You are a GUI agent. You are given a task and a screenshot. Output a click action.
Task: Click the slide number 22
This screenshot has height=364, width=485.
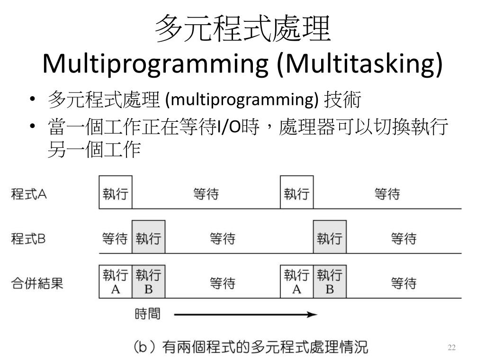click(x=451, y=348)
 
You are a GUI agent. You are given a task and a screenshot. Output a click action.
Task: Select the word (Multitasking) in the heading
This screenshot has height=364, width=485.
click(x=361, y=64)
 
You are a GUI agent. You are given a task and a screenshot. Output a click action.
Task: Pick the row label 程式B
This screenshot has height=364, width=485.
click(x=29, y=238)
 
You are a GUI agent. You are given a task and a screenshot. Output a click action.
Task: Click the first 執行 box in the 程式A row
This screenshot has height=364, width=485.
click(x=115, y=192)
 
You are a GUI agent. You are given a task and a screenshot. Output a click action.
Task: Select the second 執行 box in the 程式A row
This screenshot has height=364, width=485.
click(x=296, y=192)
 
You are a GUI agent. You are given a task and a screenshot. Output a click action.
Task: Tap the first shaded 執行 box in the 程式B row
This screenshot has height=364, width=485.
click(x=148, y=237)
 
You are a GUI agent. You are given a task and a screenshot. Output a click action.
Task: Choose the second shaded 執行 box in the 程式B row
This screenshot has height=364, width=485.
click(x=329, y=237)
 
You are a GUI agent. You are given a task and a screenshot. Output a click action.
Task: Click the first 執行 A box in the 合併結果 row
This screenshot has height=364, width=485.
click(x=115, y=282)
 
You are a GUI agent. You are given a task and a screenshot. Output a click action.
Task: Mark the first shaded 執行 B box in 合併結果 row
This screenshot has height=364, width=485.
click(x=148, y=282)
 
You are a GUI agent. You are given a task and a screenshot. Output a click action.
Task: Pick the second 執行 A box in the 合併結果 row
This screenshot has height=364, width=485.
click(x=296, y=282)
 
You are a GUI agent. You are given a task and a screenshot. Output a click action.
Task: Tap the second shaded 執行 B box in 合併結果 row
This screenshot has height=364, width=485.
click(x=329, y=282)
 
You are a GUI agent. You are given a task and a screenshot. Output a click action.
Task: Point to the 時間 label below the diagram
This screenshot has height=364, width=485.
click(x=147, y=314)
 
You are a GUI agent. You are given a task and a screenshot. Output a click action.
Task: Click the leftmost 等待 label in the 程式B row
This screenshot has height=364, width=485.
click(x=115, y=238)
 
